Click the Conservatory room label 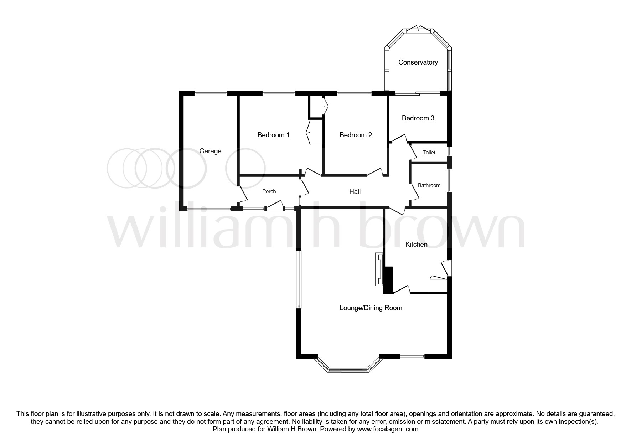point(418,62)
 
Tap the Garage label point(210,151)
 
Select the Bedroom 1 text point(273,135)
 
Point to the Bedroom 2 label point(356,135)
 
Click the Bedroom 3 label point(418,118)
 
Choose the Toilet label point(429,153)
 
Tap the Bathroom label point(429,185)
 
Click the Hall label point(355,192)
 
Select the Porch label point(269,191)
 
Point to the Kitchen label point(416,245)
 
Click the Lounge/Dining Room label point(371,308)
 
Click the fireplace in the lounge point(378,269)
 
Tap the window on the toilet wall point(450,151)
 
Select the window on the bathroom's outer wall point(450,180)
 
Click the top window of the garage point(211,93)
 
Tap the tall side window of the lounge point(299,279)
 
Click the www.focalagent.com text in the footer point(388,429)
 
